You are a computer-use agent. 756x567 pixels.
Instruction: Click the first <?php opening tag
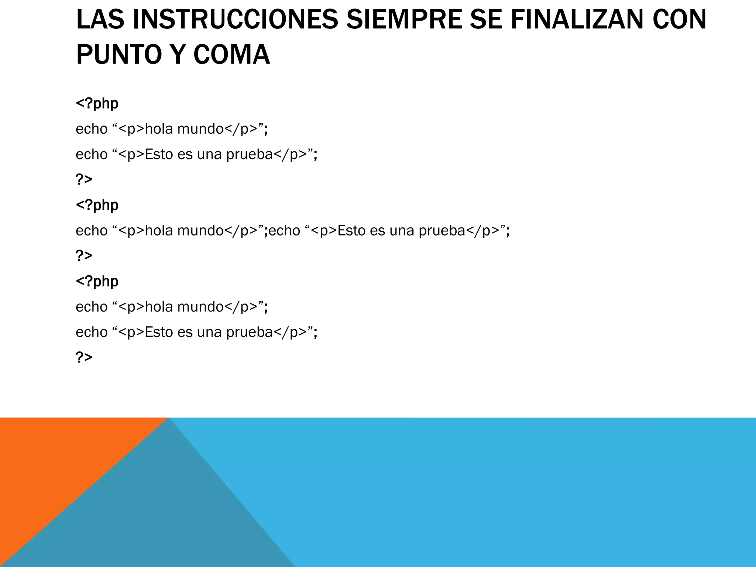(x=97, y=104)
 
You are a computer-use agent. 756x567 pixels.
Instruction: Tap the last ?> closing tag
(x=84, y=357)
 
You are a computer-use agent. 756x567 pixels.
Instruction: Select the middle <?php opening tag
(x=97, y=205)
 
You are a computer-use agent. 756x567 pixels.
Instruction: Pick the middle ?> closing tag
(x=84, y=255)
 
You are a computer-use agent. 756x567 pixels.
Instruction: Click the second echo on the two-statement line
(x=284, y=231)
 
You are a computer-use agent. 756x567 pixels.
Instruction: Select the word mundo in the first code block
(x=200, y=129)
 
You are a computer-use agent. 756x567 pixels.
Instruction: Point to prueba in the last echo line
(x=249, y=333)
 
